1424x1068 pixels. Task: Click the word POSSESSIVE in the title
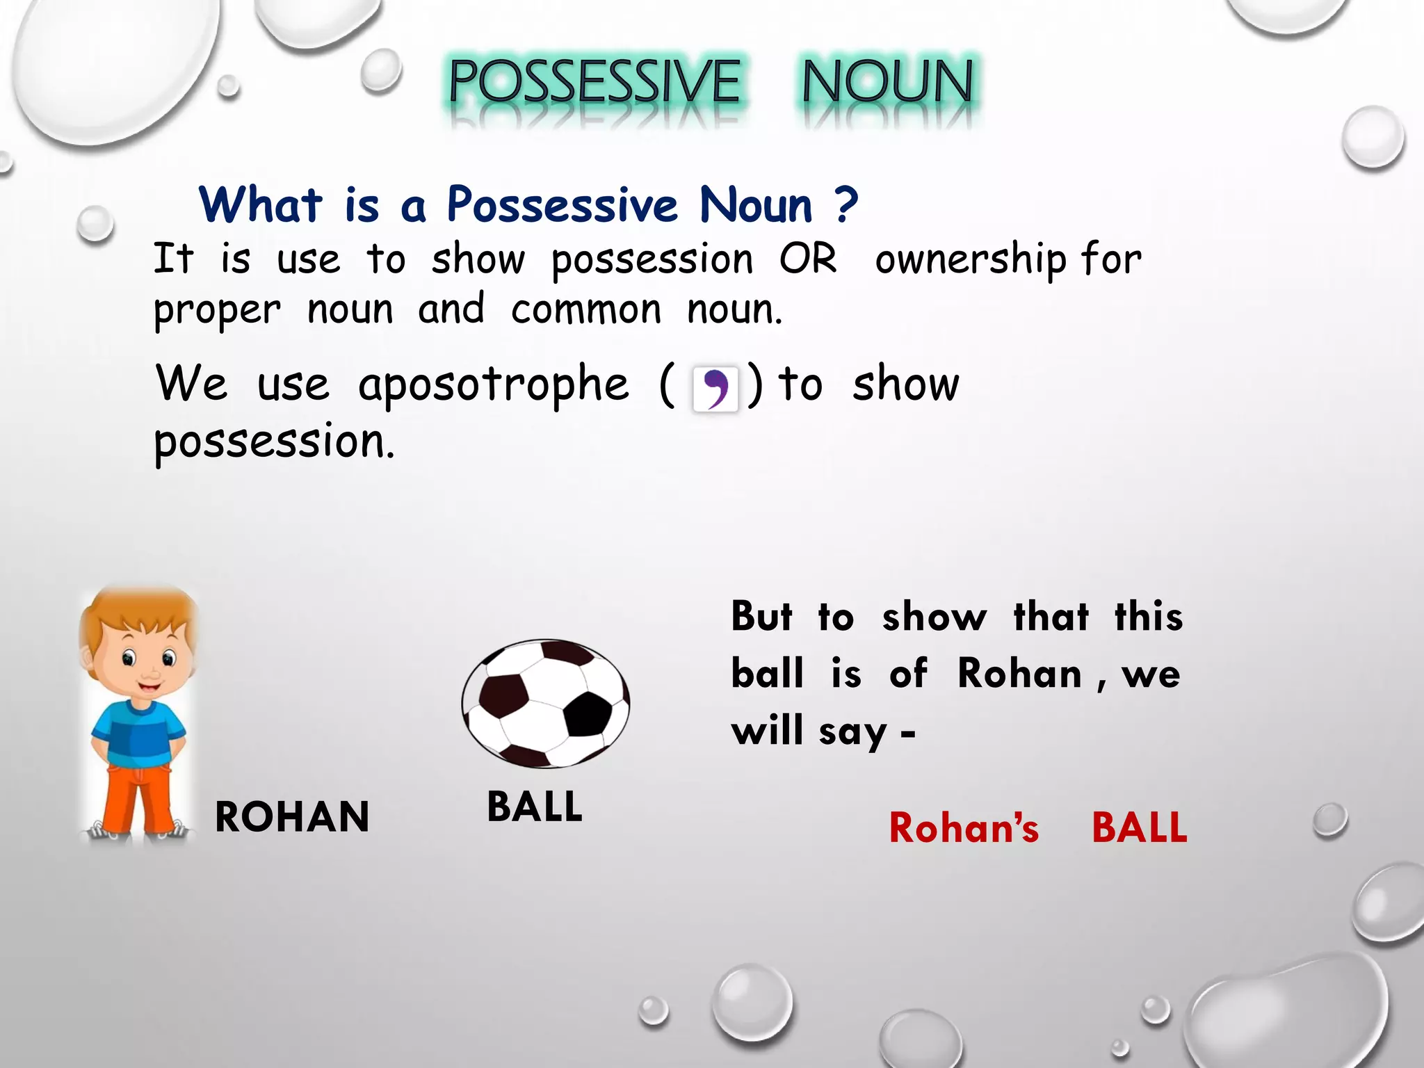coord(594,82)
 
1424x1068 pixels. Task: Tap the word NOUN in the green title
coord(887,82)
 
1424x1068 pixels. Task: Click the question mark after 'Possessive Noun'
coord(846,205)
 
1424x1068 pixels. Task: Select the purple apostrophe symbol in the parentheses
coord(715,389)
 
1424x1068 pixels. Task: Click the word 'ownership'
coord(970,260)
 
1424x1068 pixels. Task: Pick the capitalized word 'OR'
coord(808,259)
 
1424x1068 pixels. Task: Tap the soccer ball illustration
coord(546,703)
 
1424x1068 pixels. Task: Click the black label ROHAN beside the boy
coord(292,817)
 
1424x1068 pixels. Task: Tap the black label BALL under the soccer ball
coord(535,807)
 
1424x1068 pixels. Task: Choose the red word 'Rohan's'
coord(964,828)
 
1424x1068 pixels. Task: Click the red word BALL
coord(1140,827)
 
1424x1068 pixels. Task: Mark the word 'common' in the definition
coord(586,310)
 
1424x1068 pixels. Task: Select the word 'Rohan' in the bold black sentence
coord(1019,674)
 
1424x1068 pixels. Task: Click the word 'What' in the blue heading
coord(261,205)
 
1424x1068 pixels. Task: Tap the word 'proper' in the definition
coord(218,311)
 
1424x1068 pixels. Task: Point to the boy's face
coord(147,664)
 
